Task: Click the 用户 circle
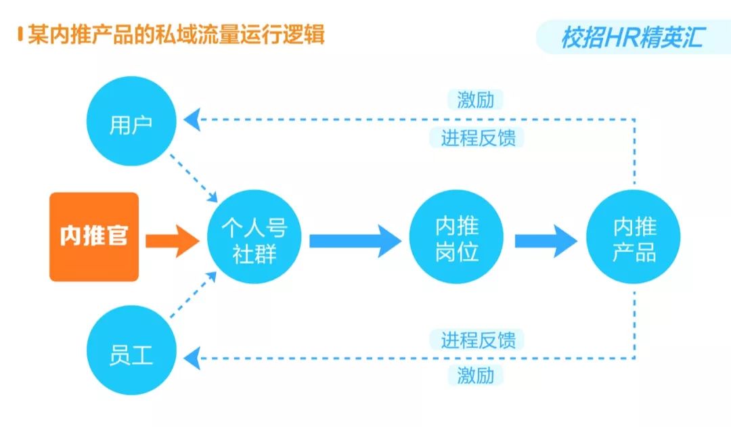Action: pyautogui.click(x=131, y=125)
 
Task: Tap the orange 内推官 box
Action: pyautogui.click(x=94, y=237)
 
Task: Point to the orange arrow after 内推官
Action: pyautogui.click(x=173, y=238)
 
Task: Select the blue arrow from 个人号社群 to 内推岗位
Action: pyautogui.click(x=355, y=240)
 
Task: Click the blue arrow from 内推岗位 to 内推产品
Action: pyautogui.click(x=545, y=240)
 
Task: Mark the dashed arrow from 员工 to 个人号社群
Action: pyautogui.click(x=193, y=298)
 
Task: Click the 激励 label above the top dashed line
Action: pyautogui.click(x=476, y=100)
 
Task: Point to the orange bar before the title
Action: pyautogui.click(x=21, y=34)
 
